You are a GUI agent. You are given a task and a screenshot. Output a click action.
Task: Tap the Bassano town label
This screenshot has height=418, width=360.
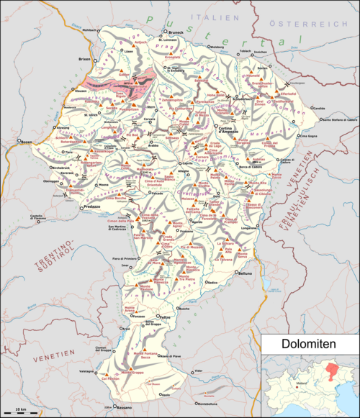(124, 411)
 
